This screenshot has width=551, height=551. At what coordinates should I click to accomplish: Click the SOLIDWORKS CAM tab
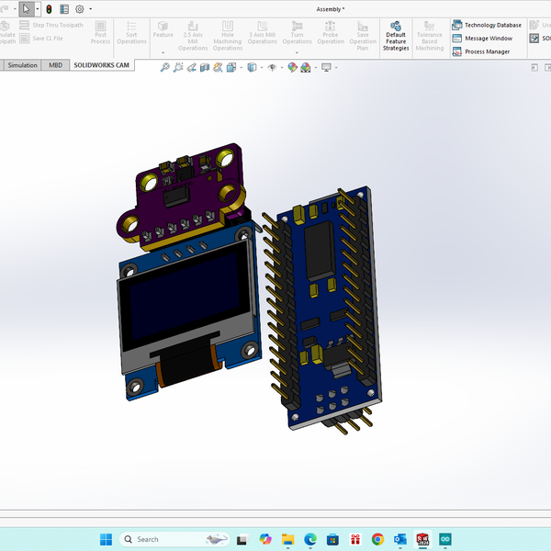point(102,65)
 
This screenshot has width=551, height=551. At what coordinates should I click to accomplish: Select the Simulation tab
point(23,65)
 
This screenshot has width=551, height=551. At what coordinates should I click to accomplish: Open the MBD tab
point(56,65)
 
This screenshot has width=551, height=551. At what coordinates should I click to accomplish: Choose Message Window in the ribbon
point(483,39)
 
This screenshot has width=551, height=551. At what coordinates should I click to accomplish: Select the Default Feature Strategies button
point(396,37)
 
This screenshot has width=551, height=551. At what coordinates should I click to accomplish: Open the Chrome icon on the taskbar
point(377,539)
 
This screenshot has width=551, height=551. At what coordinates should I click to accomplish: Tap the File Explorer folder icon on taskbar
point(287,539)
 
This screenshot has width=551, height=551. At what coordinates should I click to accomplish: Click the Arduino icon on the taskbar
point(445,539)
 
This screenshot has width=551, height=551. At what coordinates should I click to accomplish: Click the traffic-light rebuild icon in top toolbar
point(49,8)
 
